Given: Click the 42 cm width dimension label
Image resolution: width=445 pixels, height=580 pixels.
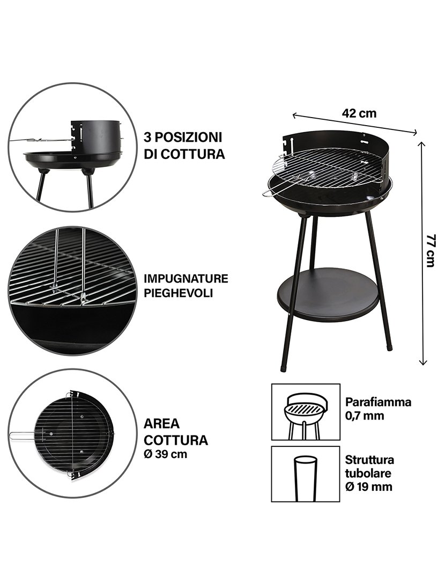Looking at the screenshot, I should (359, 113).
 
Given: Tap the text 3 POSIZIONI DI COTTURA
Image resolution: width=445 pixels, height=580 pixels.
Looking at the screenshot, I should (183, 146).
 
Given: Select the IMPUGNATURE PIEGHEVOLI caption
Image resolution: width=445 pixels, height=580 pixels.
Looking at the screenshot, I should (186, 286).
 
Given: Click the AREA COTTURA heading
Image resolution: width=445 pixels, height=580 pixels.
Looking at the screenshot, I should (175, 432).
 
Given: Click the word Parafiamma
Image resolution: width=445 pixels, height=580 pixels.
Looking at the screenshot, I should (378, 402).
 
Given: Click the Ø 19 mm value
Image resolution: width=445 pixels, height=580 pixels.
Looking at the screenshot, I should (368, 487).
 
